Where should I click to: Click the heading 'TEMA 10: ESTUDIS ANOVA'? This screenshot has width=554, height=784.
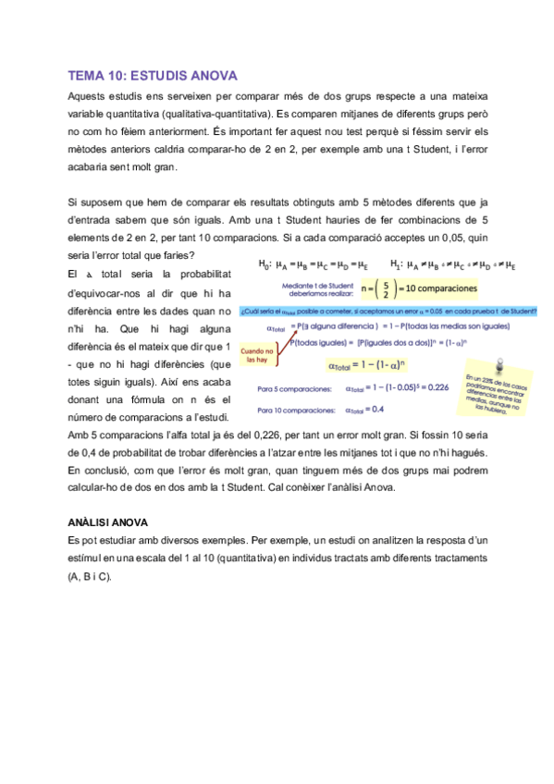[153, 76]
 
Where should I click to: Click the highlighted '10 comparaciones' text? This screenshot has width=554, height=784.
[438, 289]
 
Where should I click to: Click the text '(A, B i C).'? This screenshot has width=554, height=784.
[90, 576]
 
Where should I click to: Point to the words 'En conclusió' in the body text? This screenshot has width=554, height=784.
[96, 470]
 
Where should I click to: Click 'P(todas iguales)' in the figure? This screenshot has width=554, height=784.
[321, 341]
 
